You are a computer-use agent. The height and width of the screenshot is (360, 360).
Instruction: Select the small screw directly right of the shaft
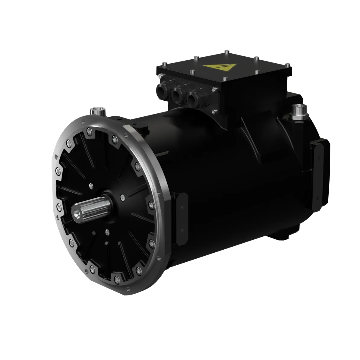[x=122, y=197]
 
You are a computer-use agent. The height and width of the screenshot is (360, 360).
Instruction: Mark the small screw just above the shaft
[x=90, y=185]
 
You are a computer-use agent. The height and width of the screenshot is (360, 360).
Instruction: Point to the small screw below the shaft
[x=107, y=232]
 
